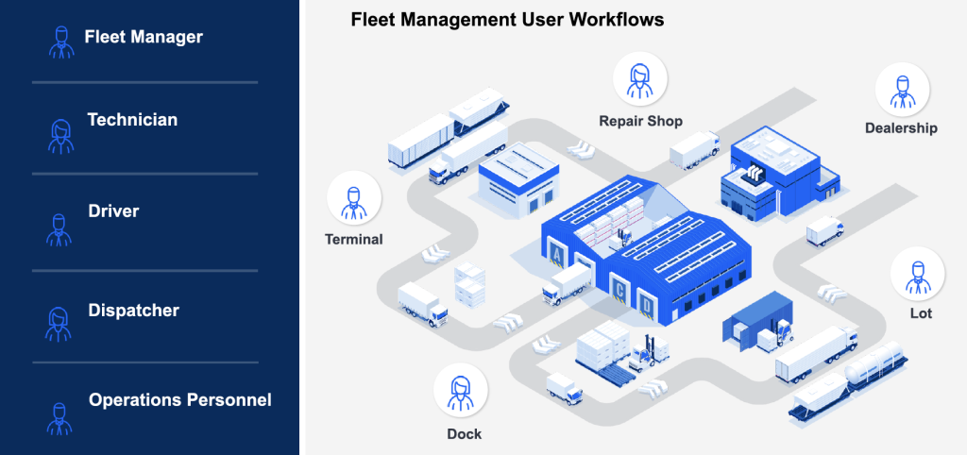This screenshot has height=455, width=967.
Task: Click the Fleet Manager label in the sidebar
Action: (144, 38)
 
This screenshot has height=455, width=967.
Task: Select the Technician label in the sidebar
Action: (132, 120)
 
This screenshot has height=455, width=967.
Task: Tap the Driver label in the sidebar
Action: (113, 211)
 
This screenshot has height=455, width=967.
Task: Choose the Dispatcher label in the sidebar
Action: (133, 310)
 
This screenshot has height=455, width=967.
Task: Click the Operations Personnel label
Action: (179, 400)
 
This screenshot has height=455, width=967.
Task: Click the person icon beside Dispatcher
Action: (59, 323)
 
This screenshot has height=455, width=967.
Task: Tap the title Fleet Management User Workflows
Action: (507, 19)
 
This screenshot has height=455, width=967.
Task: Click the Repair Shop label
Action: (640, 121)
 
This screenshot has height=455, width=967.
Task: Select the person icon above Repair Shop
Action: (640, 78)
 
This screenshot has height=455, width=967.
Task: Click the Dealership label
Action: (901, 127)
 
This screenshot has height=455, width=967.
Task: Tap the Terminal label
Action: (354, 239)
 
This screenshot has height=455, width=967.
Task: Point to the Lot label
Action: (920, 312)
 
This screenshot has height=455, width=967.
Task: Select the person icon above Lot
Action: (917, 274)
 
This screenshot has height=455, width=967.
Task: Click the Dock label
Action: (464, 434)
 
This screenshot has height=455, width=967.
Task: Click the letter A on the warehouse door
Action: (557, 256)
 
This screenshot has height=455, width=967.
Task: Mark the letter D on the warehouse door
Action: (646, 305)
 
